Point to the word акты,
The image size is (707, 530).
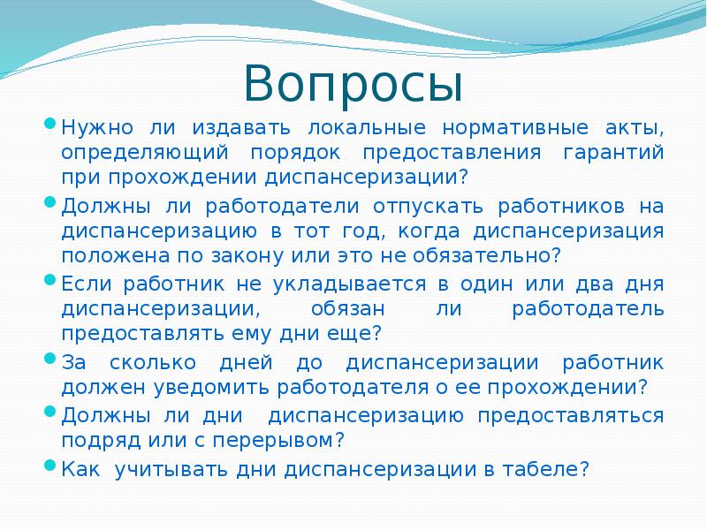[x=633, y=128]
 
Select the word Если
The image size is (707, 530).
[x=88, y=285]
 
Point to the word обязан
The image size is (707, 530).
[x=347, y=309]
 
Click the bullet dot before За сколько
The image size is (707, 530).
[x=50, y=360]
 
